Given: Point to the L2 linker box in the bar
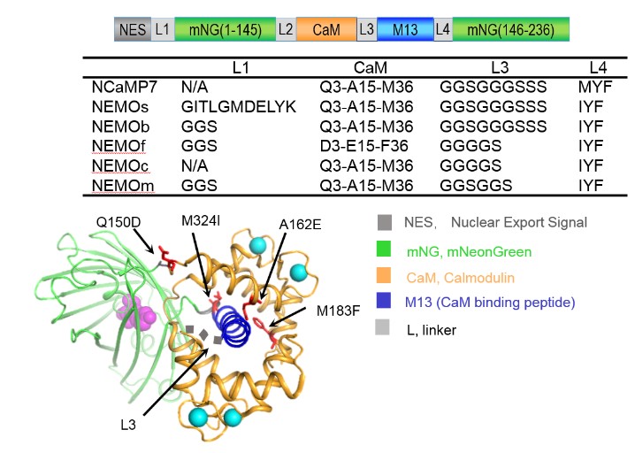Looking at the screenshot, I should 286,29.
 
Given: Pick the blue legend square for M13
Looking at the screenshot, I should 382,302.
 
